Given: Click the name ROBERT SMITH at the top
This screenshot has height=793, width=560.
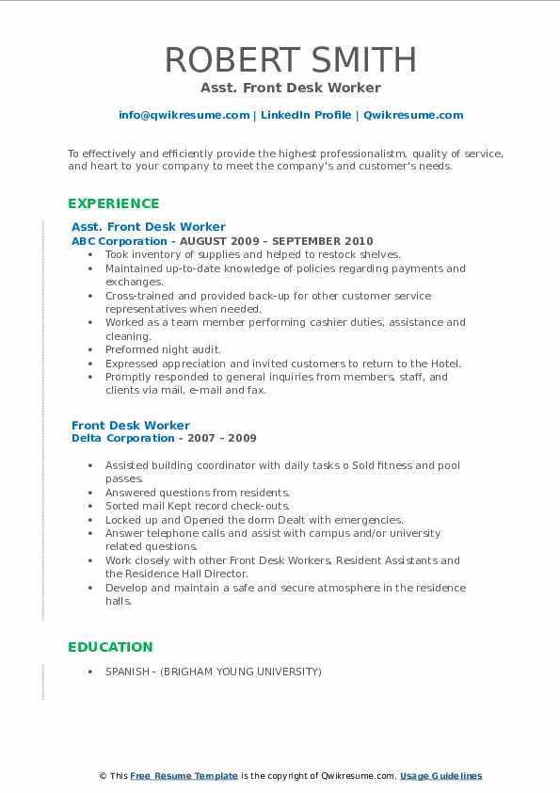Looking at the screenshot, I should coord(290,59).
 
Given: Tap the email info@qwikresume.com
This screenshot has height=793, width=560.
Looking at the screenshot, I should coord(184,115).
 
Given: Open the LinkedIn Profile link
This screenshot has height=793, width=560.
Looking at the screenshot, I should coord(307,115).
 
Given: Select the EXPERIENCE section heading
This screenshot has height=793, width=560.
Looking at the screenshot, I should coord(114,203).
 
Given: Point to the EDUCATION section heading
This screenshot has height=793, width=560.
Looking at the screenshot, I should coord(110,647).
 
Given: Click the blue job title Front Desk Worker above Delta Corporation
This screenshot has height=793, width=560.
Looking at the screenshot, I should coord(131,425).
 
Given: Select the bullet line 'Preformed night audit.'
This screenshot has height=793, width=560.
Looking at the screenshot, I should coord(164,349).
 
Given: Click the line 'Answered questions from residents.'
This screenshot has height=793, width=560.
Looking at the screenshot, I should coord(198,493).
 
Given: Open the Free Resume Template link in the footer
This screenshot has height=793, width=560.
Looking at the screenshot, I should coord(184,776).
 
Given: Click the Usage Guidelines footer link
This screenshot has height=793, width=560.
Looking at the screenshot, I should coord(440,776).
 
